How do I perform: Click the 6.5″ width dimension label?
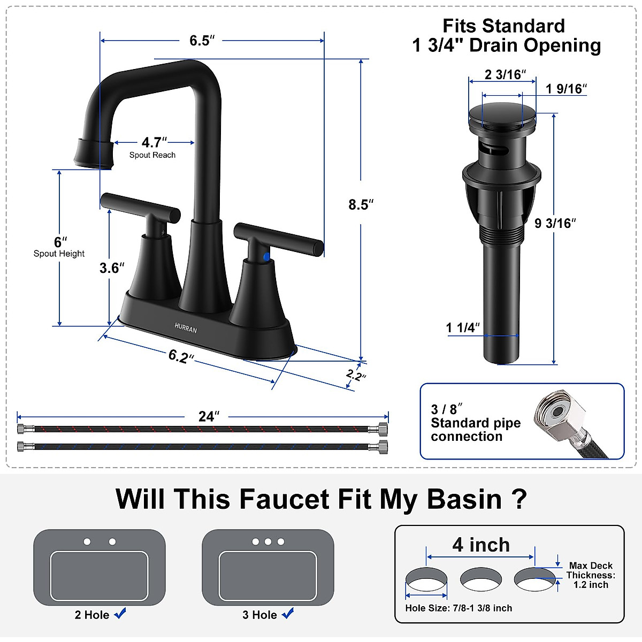pos(202,41)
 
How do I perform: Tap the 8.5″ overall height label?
pos(361,204)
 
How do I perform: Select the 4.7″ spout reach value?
pos(154,142)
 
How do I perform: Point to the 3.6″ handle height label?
pos(112,267)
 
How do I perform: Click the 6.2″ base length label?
pos(181,356)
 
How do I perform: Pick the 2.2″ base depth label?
pos(356,375)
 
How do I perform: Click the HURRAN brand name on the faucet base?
pos(186,327)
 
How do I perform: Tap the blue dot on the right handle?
pos(266,257)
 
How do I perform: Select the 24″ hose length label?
pos(209,416)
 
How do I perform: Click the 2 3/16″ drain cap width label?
pos(505,74)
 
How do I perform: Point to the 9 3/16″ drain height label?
pos(555,223)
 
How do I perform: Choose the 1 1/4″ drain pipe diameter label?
pos(463,327)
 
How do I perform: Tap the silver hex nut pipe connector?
pos(556,415)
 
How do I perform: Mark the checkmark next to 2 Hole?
pos(120,614)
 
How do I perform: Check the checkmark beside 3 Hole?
pos(288,614)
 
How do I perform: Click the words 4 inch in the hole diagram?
pos(481,545)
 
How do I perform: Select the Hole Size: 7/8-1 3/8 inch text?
pos(458,608)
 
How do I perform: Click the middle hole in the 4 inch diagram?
pos(481,580)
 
